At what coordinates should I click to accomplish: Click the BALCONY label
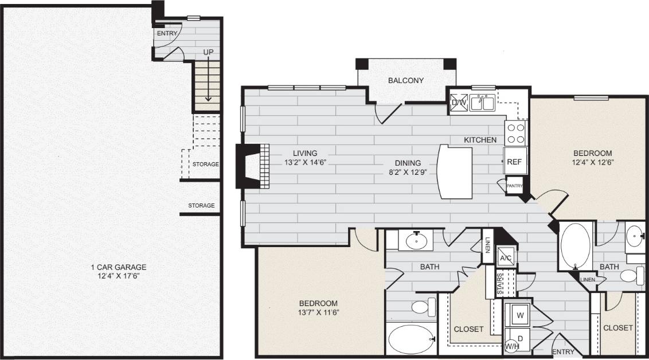pos(405,80)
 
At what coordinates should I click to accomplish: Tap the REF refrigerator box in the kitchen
pos(514,161)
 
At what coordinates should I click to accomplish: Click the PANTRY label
pos(514,185)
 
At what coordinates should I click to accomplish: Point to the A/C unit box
pos(506,257)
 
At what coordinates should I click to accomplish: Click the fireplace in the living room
pos(252,165)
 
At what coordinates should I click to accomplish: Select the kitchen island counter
pos(455,171)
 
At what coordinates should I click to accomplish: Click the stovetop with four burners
pos(516,133)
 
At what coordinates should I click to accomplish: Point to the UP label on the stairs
pos(209,53)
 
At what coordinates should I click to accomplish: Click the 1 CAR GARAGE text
pos(119,267)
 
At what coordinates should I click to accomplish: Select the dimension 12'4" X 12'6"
pos(593,162)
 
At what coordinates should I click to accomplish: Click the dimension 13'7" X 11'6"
pos(318,312)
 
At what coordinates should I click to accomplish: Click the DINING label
pos(407,163)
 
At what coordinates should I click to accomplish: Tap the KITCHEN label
pos(480,140)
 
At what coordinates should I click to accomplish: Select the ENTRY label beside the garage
pos(167,33)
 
